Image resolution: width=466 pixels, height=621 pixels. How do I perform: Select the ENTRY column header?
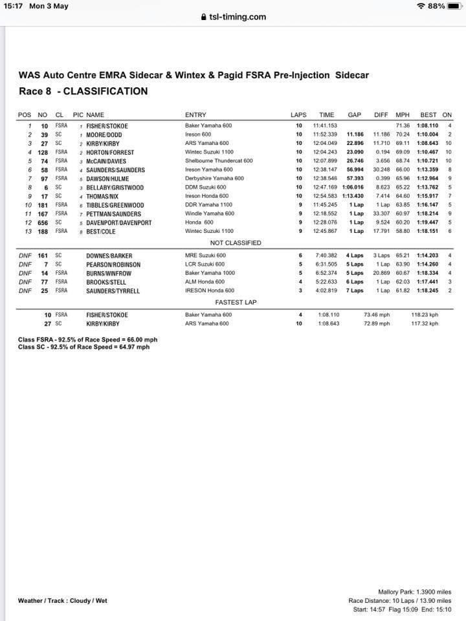(x=195, y=115)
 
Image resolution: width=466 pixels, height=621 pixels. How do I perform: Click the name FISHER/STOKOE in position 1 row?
(x=107, y=125)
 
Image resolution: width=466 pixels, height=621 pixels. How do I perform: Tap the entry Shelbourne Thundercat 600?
(x=219, y=161)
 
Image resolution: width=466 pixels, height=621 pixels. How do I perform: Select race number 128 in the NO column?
(x=44, y=152)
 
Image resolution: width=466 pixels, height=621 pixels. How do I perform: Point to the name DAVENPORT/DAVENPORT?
(x=120, y=223)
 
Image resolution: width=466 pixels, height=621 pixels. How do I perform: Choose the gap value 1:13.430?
(x=352, y=196)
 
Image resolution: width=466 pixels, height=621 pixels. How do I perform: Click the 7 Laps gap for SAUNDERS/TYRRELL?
(x=354, y=291)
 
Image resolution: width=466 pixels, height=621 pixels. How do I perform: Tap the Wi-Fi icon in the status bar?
(x=421, y=6)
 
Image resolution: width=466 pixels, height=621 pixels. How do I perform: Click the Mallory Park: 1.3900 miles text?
(x=414, y=592)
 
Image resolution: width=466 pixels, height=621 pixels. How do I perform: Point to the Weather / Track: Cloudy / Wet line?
(x=63, y=601)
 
